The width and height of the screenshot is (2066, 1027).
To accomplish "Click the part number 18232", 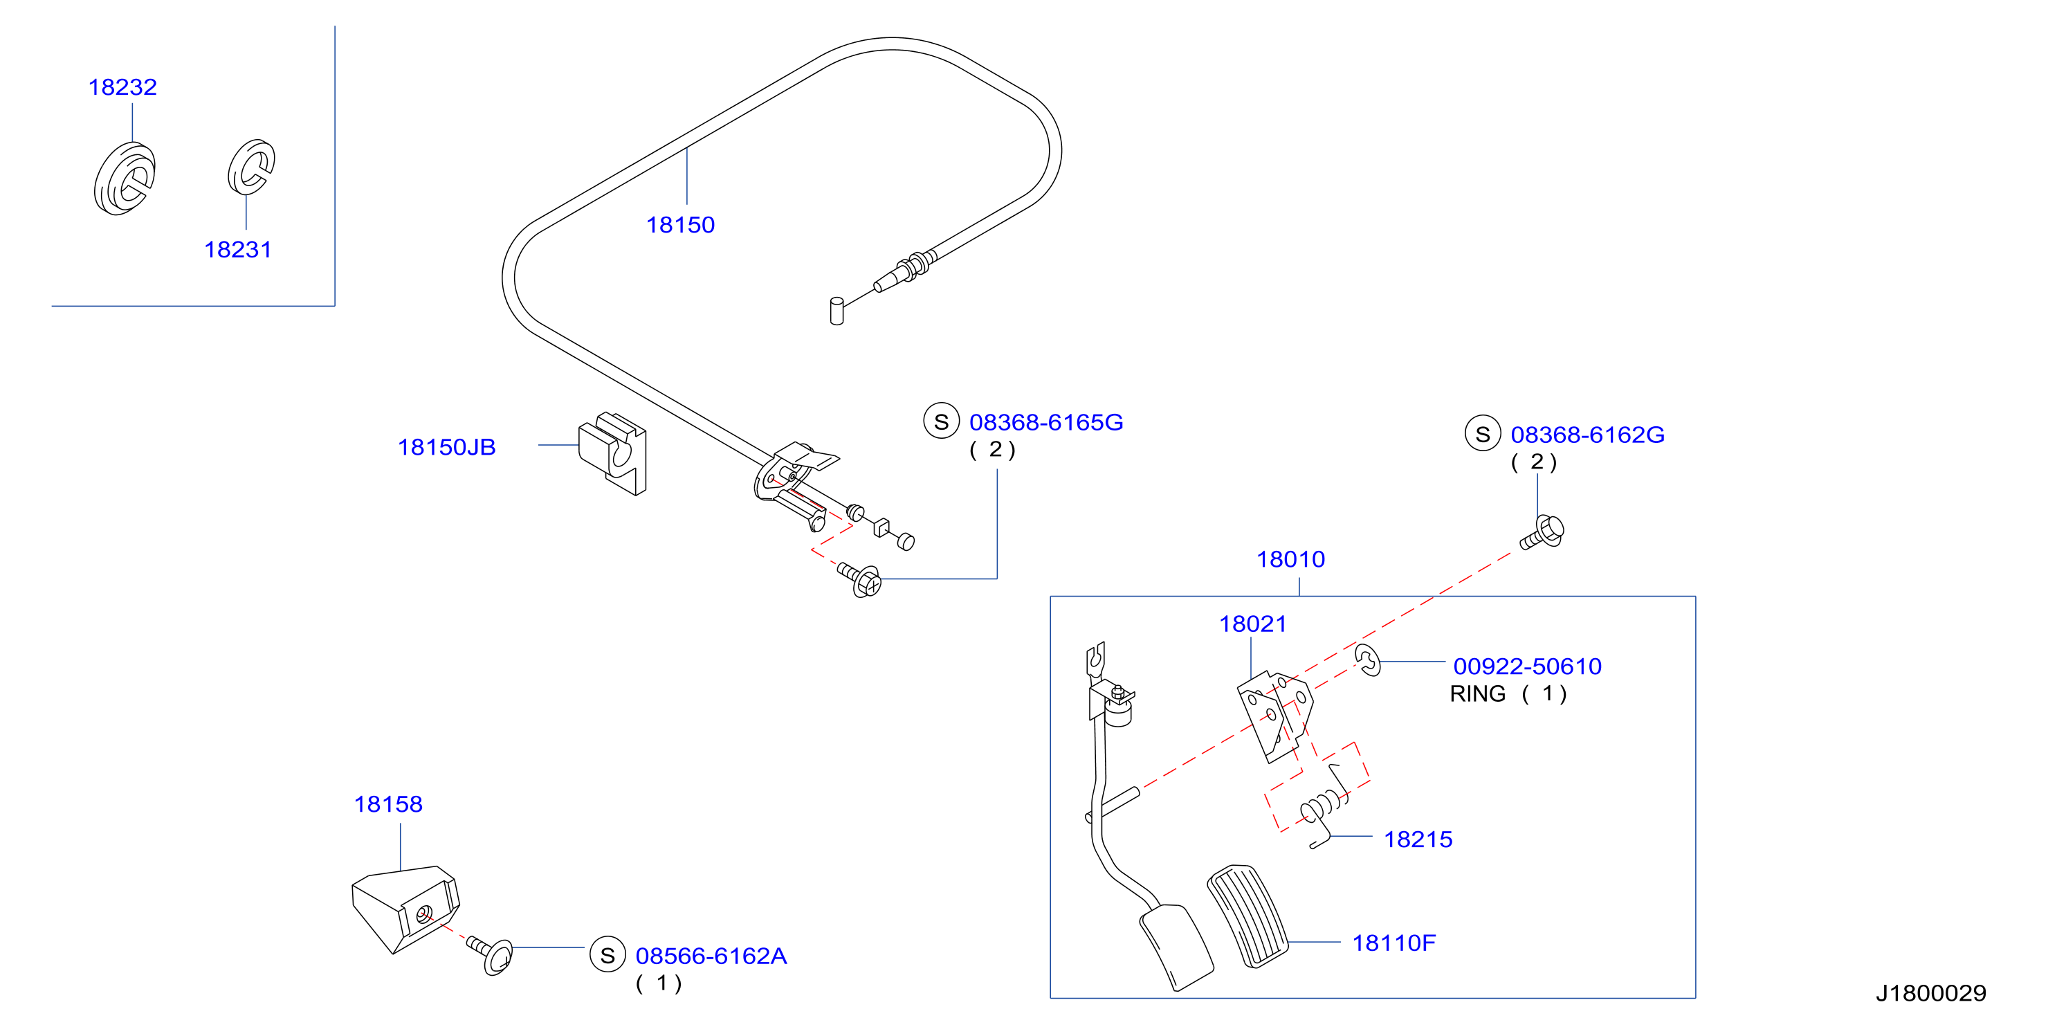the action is coord(122,87).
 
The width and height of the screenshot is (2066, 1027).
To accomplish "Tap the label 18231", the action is coord(238,250).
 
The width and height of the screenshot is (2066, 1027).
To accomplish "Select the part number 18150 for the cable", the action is coord(681,225).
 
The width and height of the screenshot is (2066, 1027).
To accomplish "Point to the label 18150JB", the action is coord(447,447).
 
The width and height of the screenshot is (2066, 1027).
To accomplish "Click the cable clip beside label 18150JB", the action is coord(614,453).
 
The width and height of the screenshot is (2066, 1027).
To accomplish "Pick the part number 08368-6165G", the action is coord(1047,422).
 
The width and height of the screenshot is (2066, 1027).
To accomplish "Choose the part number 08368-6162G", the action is coord(1588,435).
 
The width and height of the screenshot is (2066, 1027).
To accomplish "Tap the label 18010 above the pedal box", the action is coord(1290,559).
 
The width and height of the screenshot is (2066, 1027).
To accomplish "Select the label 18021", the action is coord(1253,624).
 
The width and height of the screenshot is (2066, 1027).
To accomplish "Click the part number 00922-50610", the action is coord(1528,666).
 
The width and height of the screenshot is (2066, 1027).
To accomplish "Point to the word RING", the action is coord(1477,694).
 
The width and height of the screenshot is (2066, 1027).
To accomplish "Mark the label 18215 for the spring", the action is coord(1418,839).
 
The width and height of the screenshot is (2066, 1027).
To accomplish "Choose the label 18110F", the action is coord(1394,943).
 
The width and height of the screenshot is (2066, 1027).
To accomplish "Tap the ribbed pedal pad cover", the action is coord(1247,916).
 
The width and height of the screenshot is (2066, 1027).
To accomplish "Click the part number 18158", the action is coord(388,804).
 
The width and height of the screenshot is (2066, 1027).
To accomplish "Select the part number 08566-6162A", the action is coord(711,956).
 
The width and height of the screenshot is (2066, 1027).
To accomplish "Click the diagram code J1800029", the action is coord(1931,993).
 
